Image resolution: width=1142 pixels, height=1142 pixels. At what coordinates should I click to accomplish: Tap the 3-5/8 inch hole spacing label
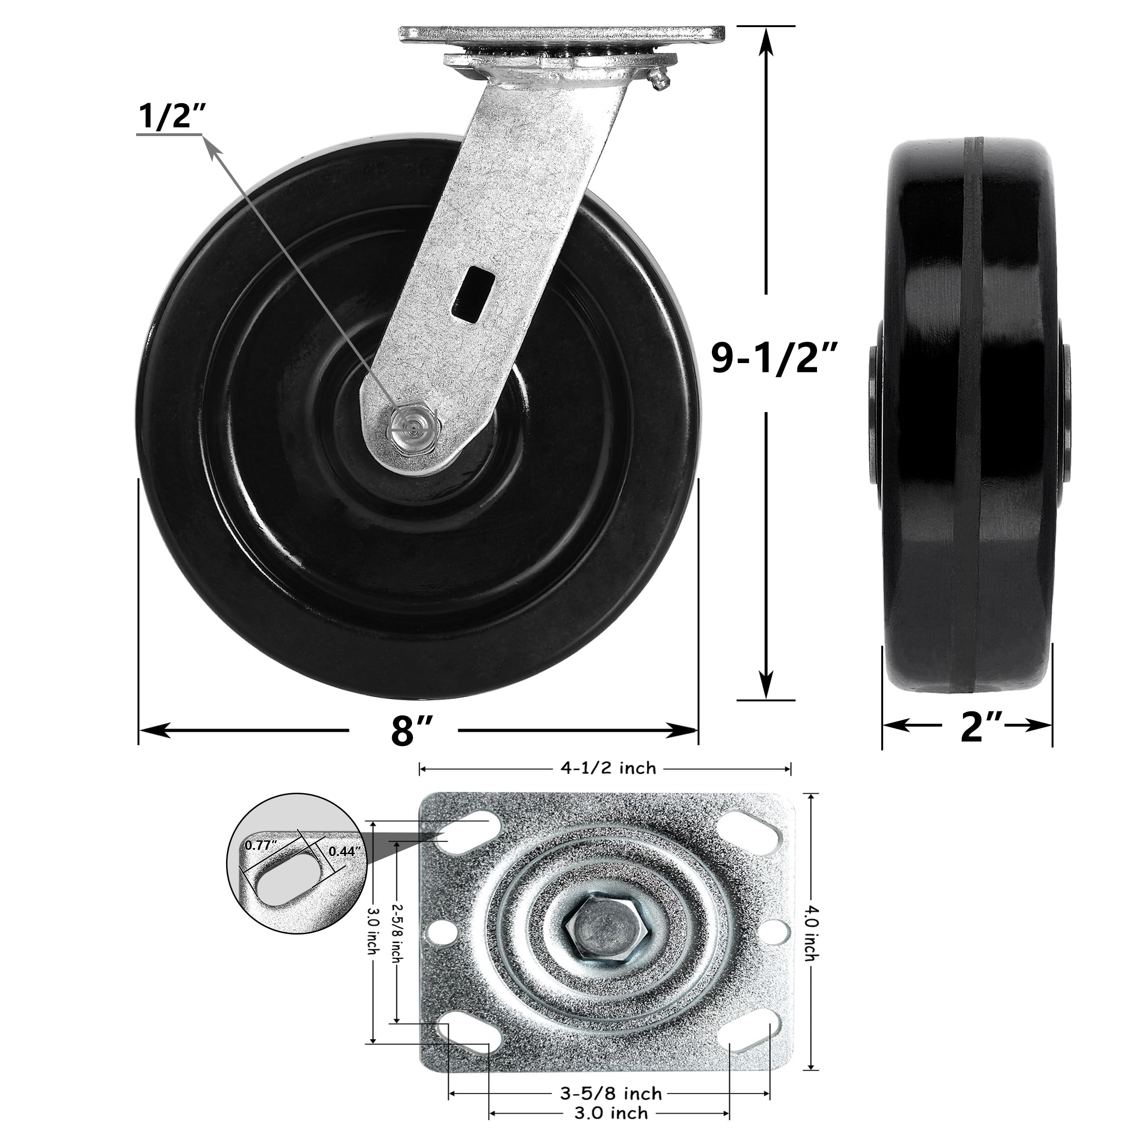click(610, 1077)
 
